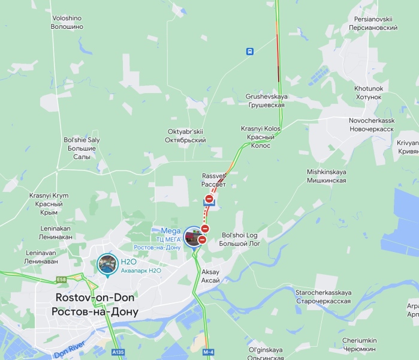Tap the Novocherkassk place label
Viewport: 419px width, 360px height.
point(371,124)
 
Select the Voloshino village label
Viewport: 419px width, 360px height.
point(67,23)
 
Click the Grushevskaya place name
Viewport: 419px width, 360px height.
point(266,100)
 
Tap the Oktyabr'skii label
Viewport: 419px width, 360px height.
point(185,136)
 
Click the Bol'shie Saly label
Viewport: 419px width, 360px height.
point(82,148)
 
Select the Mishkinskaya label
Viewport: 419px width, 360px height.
point(327,175)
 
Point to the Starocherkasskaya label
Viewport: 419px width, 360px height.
point(322,296)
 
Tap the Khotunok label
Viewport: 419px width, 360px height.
point(368,92)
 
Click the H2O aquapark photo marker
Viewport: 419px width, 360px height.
point(107,265)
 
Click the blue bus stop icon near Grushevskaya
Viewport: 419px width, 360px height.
point(249,52)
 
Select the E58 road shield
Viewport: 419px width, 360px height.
point(61,279)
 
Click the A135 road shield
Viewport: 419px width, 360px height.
point(117,352)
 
